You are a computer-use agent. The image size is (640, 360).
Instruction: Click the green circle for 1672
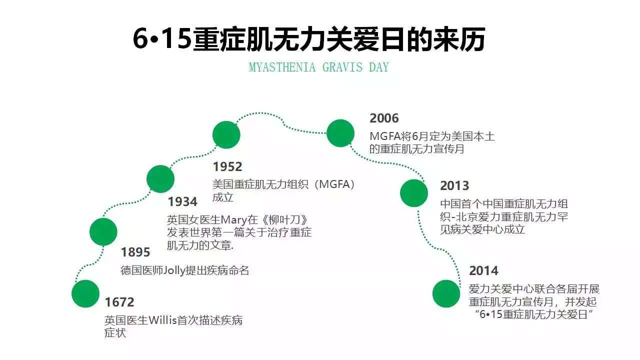[85, 293]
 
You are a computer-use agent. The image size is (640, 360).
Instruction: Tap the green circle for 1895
[103, 231]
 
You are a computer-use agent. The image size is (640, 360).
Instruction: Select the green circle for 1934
[160, 179]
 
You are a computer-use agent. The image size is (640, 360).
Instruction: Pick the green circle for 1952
[226, 135]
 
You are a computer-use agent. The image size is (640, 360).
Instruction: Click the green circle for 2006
[340, 133]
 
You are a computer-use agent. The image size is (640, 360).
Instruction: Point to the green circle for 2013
[413, 193]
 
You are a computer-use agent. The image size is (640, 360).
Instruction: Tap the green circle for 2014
[446, 293]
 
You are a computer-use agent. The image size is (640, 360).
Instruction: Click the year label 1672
[119, 302]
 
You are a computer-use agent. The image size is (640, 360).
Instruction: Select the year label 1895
[135, 252]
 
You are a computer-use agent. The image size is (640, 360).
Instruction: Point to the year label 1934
[182, 202]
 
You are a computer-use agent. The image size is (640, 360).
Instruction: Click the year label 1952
[227, 167]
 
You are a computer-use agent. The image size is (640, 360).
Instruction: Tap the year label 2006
[384, 118]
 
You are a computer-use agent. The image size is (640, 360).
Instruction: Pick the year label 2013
[454, 185]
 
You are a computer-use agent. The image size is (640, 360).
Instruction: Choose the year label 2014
[483, 271]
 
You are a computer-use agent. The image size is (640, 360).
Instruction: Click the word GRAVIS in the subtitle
[342, 67]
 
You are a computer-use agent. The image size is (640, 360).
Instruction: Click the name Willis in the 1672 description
[162, 320]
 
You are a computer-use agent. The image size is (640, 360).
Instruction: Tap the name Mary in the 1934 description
[233, 220]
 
